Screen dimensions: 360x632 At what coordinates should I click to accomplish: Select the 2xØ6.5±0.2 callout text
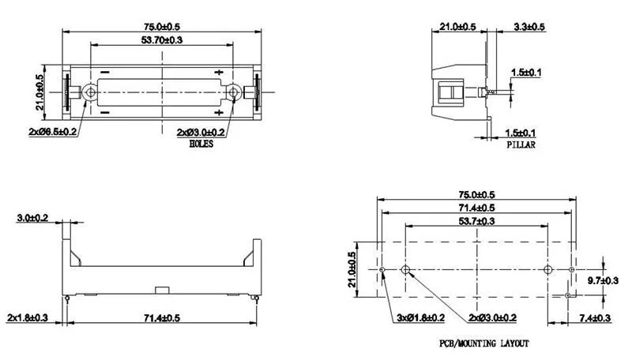tap(50, 131)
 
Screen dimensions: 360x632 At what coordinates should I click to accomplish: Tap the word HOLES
tap(201, 144)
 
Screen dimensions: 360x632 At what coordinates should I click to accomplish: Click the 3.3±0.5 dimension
tap(529, 26)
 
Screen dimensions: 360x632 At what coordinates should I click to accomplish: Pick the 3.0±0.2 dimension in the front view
tap(32, 217)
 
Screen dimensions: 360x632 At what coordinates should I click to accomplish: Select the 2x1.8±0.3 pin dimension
tap(28, 317)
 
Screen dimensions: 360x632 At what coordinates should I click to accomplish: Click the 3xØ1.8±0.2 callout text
tap(419, 317)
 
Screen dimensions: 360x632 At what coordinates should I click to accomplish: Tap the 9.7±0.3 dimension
tap(604, 279)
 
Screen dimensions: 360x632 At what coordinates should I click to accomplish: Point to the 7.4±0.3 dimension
tap(604, 317)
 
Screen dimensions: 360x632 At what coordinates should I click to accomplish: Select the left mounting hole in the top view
tap(90, 93)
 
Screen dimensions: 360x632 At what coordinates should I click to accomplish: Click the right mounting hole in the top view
tap(234, 93)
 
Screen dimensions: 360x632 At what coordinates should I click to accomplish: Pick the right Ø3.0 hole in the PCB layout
tap(549, 271)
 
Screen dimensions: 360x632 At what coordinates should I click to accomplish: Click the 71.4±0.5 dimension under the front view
tap(163, 317)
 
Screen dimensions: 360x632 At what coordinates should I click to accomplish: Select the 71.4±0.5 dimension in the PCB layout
tap(478, 207)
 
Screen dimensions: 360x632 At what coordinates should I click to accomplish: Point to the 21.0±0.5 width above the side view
tap(457, 26)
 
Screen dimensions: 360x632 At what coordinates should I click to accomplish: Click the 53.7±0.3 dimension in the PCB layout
tap(478, 220)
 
